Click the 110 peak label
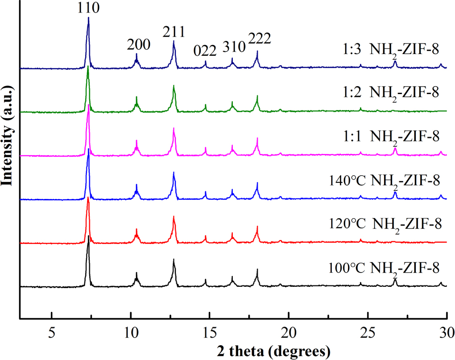(88, 8)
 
